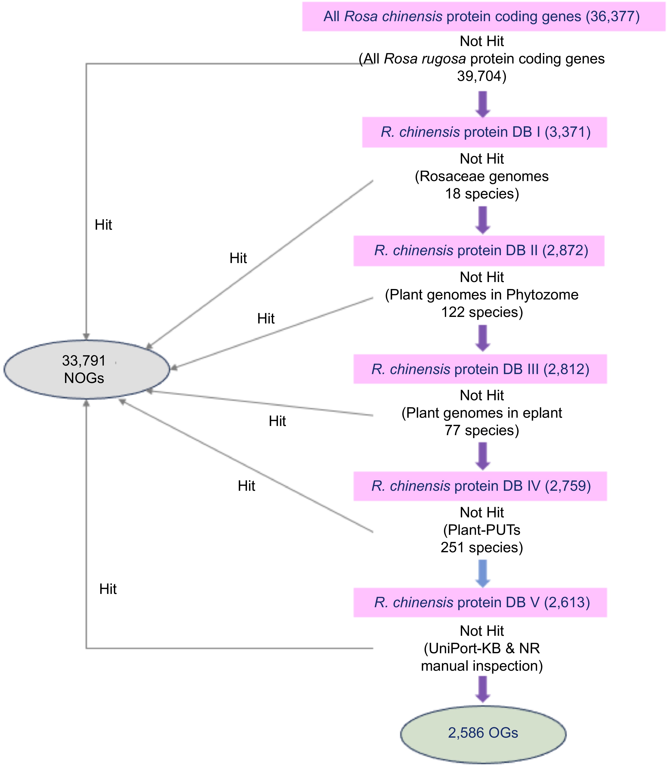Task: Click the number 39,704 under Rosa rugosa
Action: (x=482, y=76)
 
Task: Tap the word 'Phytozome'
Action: (x=542, y=295)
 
